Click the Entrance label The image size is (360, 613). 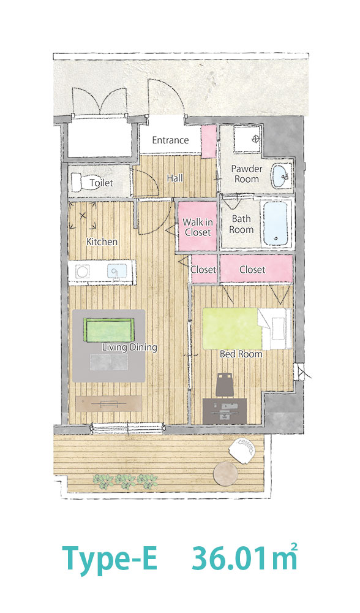pyautogui.click(x=170, y=140)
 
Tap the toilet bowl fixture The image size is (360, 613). pyautogui.click(x=81, y=182)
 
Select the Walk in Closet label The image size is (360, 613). pyautogui.click(x=198, y=227)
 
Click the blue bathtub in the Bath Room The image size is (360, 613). pyautogui.click(x=276, y=223)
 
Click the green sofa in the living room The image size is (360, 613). pyautogui.click(x=109, y=330)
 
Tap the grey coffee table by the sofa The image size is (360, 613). pyautogui.click(x=110, y=362)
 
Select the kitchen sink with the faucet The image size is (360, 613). pyautogui.click(x=117, y=271)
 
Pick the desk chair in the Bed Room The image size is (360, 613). pyautogui.click(x=225, y=384)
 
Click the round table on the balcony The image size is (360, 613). pyautogui.click(x=225, y=474)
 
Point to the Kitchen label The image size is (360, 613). pyautogui.click(x=102, y=242)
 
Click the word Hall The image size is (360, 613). pyautogui.click(x=174, y=178)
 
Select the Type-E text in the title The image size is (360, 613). pyautogui.click(x=110, y=558)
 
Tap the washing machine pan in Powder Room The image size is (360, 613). pyautogui.click(x=248, y=139)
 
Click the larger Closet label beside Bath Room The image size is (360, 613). pyautogui.click(x=252, y=269)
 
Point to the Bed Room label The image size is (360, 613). pyautogui.click(x=241, y=354)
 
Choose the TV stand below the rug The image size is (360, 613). pyautogui.click(x=108, y=403)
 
